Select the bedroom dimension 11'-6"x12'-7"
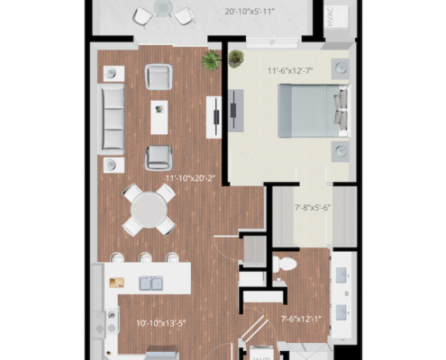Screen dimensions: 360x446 click(293, 70)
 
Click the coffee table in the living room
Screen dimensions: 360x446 click(159, 116)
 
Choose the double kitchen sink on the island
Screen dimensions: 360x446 click(150, 283)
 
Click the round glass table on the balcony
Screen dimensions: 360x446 click(163, 9)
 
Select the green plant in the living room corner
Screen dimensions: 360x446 click(212, 60)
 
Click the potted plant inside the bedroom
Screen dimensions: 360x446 click(236, 59)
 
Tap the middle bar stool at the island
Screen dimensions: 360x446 click(146, 258)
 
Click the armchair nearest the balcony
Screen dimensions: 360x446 click(159, 76)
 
